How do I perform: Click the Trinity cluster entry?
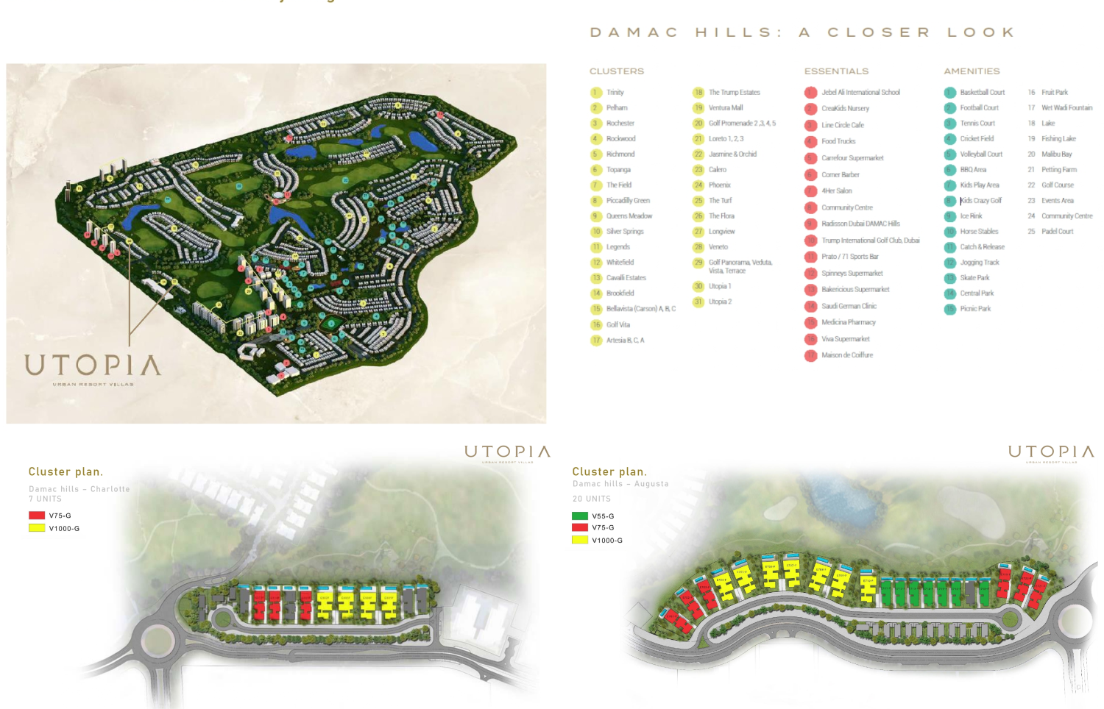pos(615,93)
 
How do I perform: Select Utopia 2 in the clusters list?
pos(720,302)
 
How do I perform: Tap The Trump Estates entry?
pos(734,93)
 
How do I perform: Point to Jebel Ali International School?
pos(860,93)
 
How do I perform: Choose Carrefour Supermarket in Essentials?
pos(852,158)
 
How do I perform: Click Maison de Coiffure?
pos(846,355)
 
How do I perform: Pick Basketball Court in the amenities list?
pos(982,93)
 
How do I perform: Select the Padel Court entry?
pos(1057,232)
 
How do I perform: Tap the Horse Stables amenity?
pos(979,232)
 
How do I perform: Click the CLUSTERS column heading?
pos(617,71)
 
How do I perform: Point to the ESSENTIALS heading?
pos(836,71)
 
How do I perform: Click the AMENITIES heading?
pos(972,71)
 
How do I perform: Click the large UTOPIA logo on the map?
pos(92,366)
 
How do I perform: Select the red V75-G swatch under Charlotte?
pos(37,516)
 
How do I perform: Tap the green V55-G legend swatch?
pos(580,516)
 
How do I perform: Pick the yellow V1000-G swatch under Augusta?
pos(580,540)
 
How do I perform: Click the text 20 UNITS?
pos(592,499)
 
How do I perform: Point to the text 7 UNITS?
pos(45,499)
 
